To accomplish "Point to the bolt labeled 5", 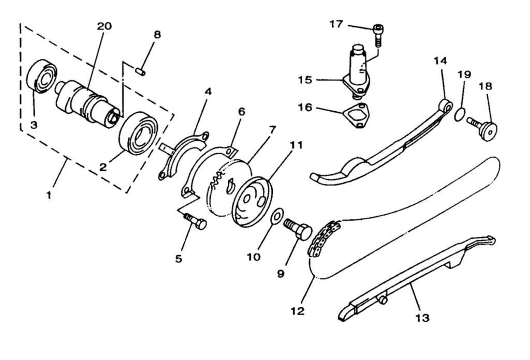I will [196, 222].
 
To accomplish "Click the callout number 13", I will [422, 318].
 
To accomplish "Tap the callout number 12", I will [298, 311].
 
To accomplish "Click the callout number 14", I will [440, 61].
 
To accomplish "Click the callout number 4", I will [208, 92].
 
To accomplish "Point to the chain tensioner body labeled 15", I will [358, 72].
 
